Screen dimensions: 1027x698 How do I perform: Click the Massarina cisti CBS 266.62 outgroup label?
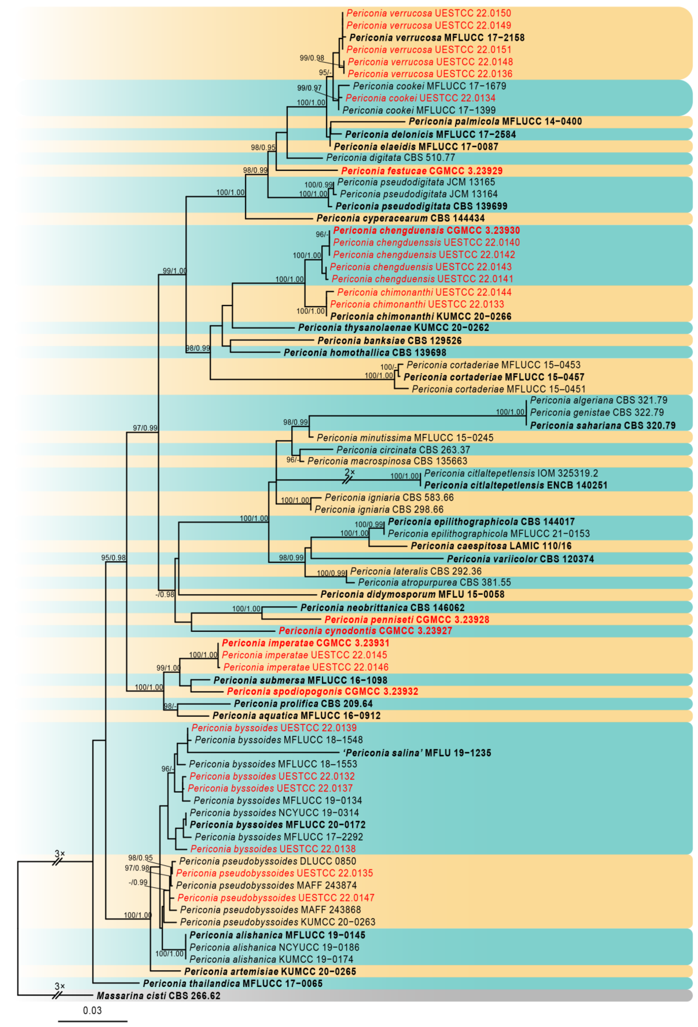(158, 996)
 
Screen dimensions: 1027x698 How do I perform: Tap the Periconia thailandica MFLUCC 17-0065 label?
(232, 983)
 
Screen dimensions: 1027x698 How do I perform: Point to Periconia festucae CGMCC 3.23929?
(422, 171)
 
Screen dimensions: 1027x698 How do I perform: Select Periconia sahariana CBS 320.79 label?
(603, 425)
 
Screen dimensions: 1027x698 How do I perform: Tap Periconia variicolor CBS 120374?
(520, 559)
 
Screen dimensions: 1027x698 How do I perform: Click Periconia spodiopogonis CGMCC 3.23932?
(322, 691)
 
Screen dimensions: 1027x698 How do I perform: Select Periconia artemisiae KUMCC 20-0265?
(270, 971)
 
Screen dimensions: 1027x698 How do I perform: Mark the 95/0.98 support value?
(113, 558)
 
